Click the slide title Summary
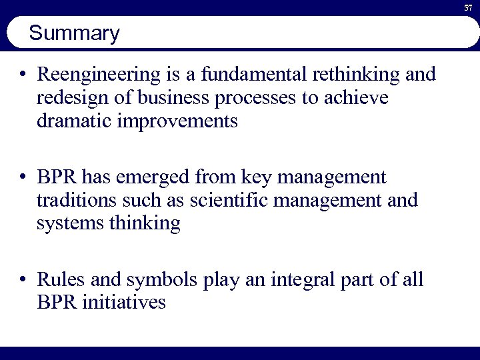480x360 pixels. [x=75, y=33]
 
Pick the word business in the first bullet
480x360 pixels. [x=167, y=99]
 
